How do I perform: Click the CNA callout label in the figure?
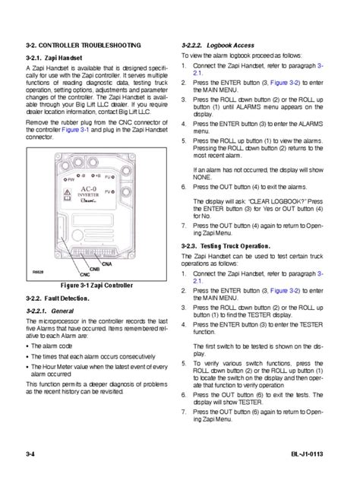click(107, 264)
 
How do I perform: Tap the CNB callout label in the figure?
click(94, 269)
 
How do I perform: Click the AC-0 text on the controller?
click(87, 188)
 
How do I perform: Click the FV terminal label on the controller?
click(108, 191)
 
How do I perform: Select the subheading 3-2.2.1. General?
click(49, 311)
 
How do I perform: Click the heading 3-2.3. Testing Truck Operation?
click(226, 246)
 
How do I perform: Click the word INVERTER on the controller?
click(88, 195)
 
